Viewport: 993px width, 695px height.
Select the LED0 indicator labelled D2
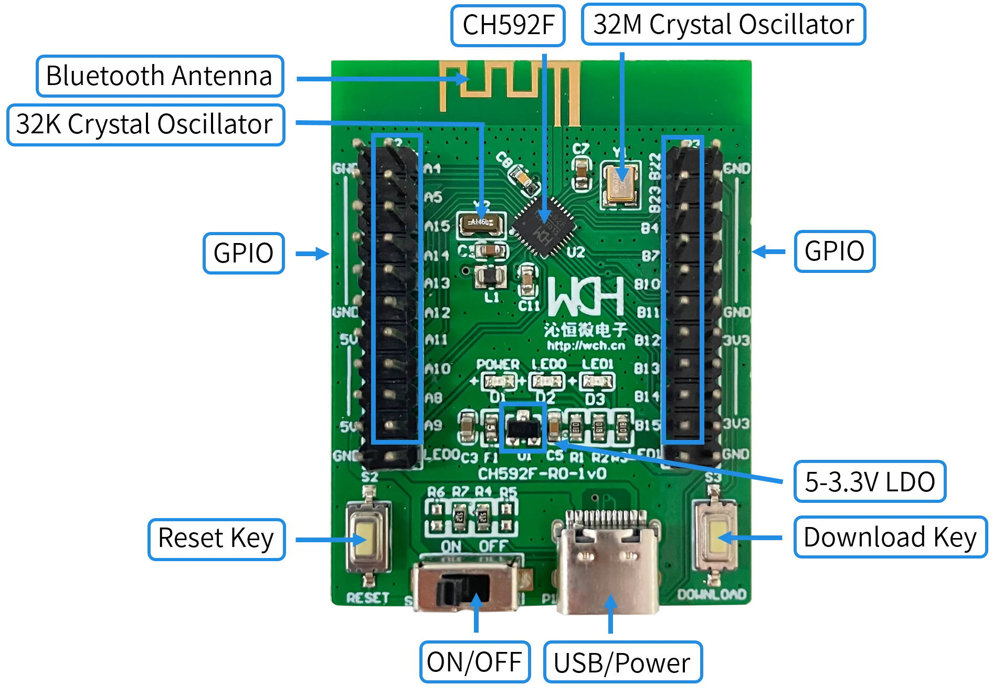pyautogui.click(x=546, y=381)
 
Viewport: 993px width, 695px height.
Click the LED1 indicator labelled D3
pyautogui.click(x=596, y=381)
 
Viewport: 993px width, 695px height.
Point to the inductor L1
pyautogui.click(x=490, y=277)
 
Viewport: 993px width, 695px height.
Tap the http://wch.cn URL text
pyautogui.click(x=586, y=345)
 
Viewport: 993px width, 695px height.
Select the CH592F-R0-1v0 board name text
pyautogui.click(x=542, y=473)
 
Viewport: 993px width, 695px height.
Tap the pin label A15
pyautogui.click(x=437, y=227)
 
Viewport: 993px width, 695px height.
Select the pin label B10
pyautogui.click(x=647, y=284)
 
